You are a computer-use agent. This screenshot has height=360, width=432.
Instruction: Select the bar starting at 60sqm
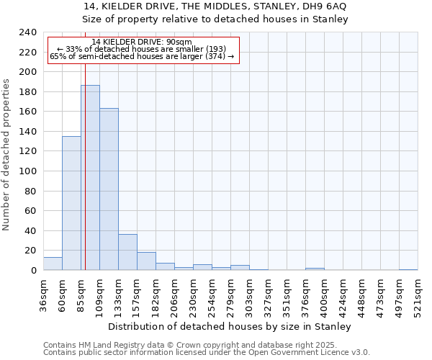point(71,203)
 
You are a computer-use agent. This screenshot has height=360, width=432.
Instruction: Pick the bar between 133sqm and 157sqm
point(127,252)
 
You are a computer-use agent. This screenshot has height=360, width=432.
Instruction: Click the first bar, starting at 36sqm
point(53,264)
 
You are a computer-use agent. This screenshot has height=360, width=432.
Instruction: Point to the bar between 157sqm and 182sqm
point(146,261)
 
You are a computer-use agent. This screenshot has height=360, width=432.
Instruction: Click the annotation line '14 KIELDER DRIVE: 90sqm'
point(142,42)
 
